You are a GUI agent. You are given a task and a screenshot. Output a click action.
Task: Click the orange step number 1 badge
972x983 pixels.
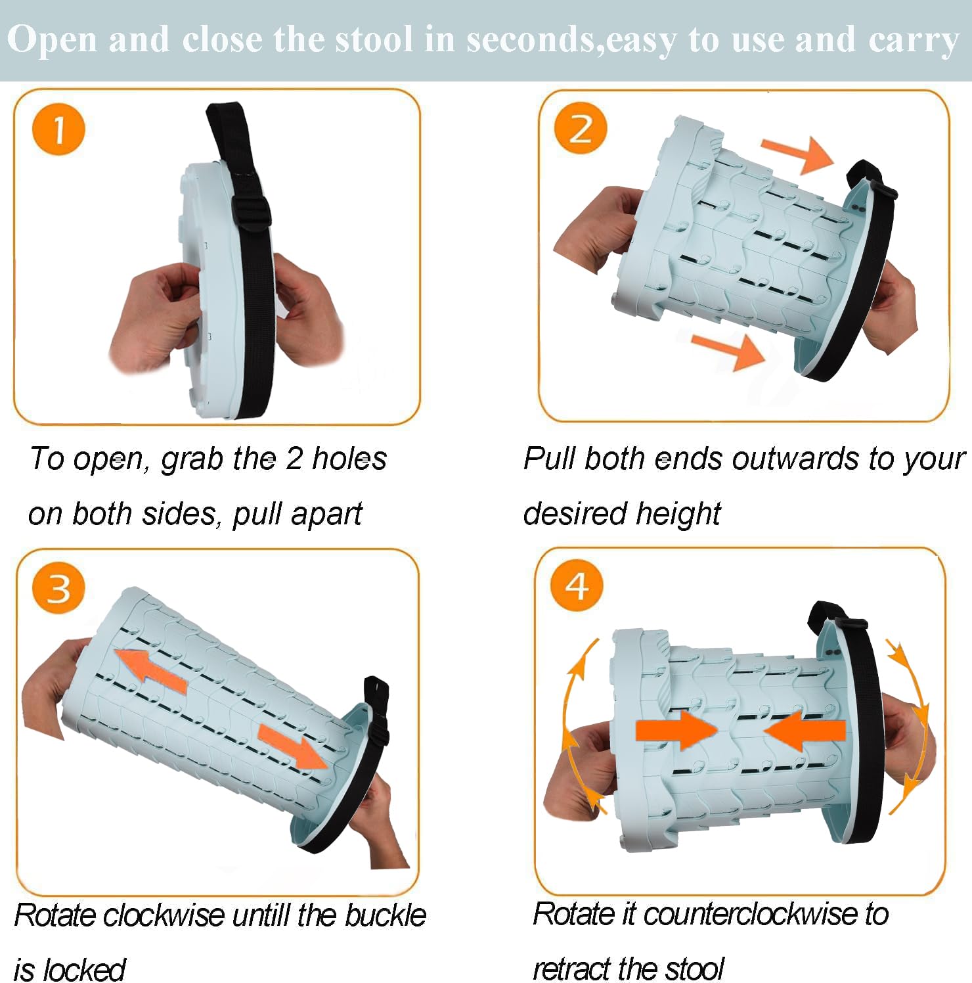pos(58,129)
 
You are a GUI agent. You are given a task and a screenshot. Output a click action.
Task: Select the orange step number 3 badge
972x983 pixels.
pos(58,587)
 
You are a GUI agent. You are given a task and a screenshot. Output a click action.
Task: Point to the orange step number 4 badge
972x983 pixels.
pos(577,585)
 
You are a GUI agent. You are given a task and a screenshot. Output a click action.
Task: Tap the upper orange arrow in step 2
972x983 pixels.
pos(797,154)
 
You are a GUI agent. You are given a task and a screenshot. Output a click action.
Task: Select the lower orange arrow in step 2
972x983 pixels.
pos(728,349)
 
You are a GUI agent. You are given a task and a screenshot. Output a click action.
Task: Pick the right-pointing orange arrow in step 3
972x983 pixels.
pos(292,746)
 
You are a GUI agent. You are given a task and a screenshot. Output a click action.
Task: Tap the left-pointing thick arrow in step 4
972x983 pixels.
pos(805,730)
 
